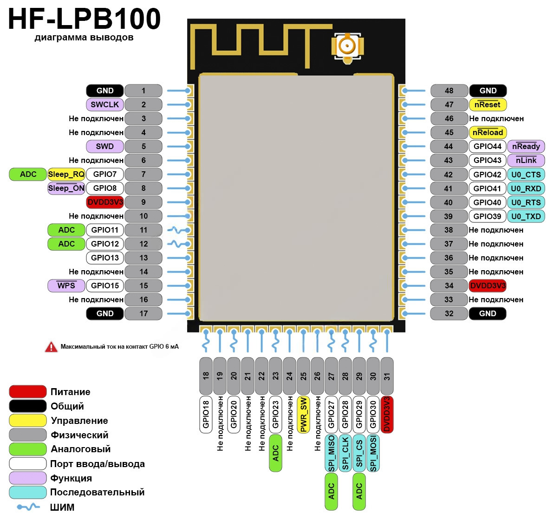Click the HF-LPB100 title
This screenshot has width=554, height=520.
pos(84,19)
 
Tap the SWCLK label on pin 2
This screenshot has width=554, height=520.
pos(105,104)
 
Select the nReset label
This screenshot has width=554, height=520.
pos(488,104)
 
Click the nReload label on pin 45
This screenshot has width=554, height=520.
pos(488,132)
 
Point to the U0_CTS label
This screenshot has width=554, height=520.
pos(526,175)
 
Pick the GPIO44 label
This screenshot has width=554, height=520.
pos(488,146)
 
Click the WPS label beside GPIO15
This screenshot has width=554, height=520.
pos(66,286)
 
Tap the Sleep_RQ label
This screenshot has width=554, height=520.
pos(66,174)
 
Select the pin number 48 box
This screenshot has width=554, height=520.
pos(449,91)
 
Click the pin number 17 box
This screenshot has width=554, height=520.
pos(143,313)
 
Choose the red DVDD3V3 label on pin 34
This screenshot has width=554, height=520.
pos(488,286)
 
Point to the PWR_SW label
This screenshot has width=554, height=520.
pos(304,415)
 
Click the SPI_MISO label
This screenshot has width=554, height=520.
pos(332,453)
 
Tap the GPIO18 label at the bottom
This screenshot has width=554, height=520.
pos(206,415)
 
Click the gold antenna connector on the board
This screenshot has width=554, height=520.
pos(346,46)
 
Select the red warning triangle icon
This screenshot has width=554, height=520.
pos(51,347)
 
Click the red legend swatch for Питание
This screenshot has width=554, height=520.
pos(28,392)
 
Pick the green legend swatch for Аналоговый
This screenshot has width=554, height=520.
pos(28,449)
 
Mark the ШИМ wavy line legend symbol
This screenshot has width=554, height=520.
pos(28,507)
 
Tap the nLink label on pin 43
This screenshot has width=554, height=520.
pos(526,160)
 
